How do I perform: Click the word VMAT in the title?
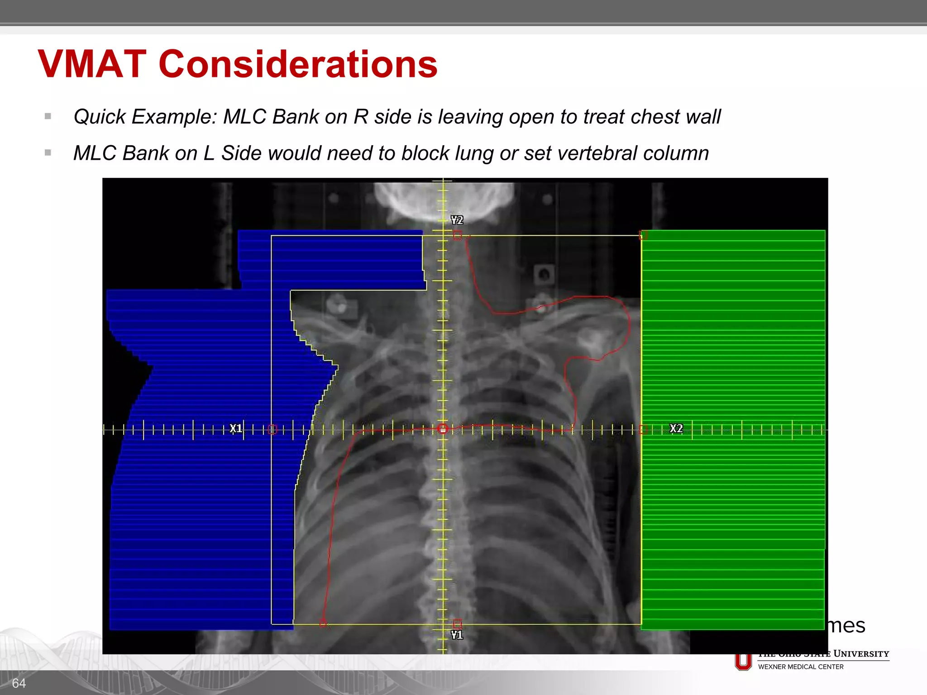coord(92,64)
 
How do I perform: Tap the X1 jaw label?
coord(236,428)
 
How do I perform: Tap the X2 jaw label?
coord(676,428)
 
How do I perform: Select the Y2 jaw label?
coord(457,220)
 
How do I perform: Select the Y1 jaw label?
coord(457,635)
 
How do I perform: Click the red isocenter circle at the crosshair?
coord(443,428)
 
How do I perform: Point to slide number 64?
coord(19,683)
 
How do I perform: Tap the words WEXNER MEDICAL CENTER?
coord(801,667)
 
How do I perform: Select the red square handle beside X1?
coord(272,429)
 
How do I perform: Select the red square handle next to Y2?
coord(458,235)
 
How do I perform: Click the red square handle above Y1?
coord(458,624)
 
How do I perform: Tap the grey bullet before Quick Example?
coord(48,116)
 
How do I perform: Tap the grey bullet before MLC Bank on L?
coord(48,153)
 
